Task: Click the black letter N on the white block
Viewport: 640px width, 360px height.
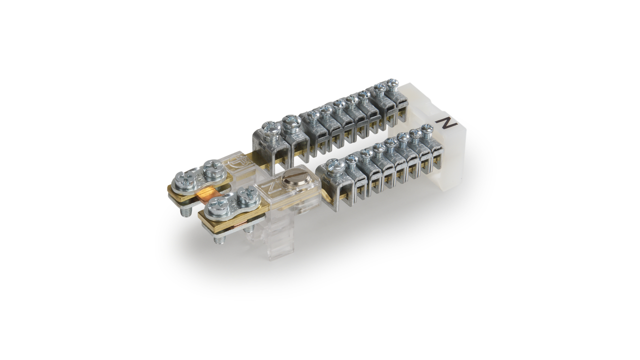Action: pyautogui.click(x=446, y=123)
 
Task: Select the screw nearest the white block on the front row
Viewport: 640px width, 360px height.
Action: pyautogui.click(x=426, y=130)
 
